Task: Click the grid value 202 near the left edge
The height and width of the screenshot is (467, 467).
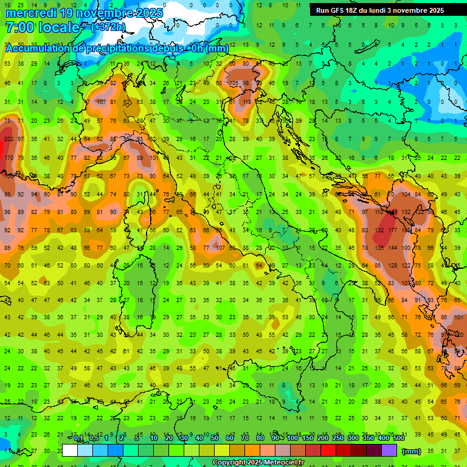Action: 9,139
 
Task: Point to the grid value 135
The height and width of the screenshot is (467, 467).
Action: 380,248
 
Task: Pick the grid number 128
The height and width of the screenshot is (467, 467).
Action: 393,266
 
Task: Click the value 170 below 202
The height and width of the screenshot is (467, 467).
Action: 9,158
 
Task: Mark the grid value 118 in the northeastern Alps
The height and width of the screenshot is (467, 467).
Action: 247,102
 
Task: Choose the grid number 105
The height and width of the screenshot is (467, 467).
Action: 233,83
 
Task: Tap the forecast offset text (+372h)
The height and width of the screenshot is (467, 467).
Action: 109,27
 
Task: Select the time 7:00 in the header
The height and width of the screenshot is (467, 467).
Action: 19,27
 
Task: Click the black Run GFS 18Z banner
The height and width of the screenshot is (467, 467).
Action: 380,10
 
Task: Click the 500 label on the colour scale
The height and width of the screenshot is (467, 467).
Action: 399,438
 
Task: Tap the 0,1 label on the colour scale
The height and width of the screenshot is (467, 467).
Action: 78,438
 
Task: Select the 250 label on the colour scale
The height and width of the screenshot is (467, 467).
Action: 337,438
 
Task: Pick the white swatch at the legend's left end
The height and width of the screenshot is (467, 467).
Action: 70,451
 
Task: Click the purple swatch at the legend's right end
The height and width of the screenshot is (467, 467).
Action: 390,451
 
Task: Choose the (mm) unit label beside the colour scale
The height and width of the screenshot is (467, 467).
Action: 412,451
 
